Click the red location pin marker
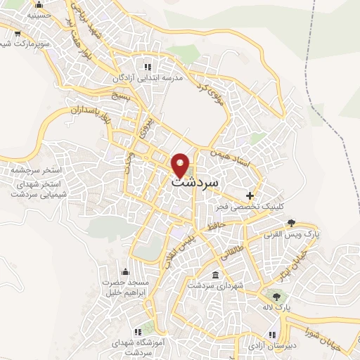(181, 165)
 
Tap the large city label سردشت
(194, 181)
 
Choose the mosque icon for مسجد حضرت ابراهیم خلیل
(126, 271)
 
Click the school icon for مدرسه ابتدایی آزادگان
(148, 67)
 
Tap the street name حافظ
(216, 226)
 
